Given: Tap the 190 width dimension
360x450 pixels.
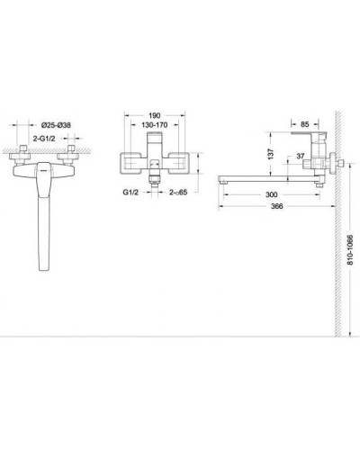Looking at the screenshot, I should coord(154,116).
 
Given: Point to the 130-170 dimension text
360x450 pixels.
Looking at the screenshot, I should coord(154,129).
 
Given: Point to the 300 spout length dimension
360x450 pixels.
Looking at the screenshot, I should coord(269,194).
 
